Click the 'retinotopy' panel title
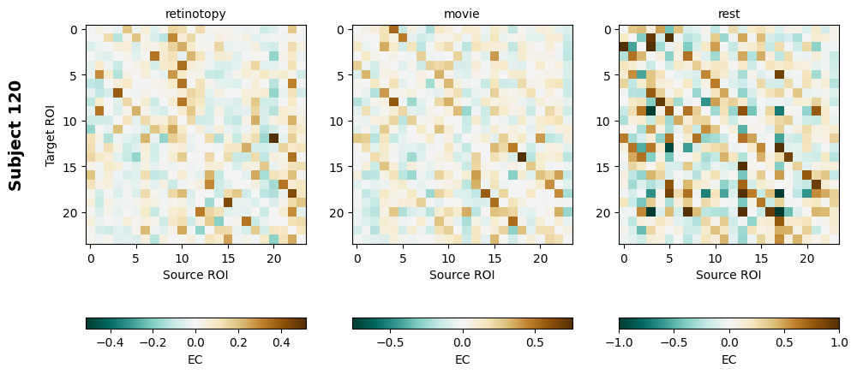click(x=195, y=14)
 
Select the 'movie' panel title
click(x=462, y=14)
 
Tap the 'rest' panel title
click(x=728, y=14)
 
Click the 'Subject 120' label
click(x=15, y=135)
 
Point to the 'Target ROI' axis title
click(x=51, y=135)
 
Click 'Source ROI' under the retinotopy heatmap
click(x=195, y=275)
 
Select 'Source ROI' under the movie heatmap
click(x=462, y=275)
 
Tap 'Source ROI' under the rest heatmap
click(x=728, y=275)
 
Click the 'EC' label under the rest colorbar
click(x=728, y=359)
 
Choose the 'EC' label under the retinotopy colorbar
click(x=195, y=359)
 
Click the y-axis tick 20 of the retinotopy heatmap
click(x=73, y=212)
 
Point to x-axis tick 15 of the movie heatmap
click(x=494, y=258)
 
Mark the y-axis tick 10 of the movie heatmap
click(x=339, y=121)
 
